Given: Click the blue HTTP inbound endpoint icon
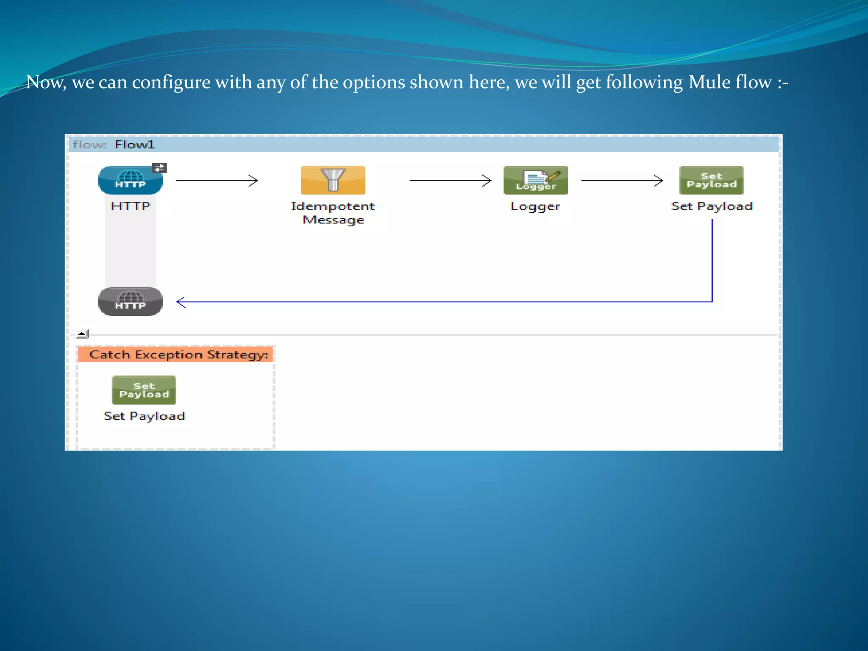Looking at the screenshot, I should tap(130, 180).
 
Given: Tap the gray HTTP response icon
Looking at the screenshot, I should tap(130, 301).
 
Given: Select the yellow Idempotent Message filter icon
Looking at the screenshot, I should tap(333, 180).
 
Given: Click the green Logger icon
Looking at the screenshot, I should tap(535, 180).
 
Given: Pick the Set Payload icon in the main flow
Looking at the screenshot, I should tap(711, 180).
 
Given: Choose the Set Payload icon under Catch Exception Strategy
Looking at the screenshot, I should tap(144, 390).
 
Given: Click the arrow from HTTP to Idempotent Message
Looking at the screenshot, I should tap(217, 181).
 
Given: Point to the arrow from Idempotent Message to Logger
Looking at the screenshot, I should tap(450, 181).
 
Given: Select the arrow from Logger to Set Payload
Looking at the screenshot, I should tap(622, 181).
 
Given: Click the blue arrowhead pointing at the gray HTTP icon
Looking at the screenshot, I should tap(181, 302).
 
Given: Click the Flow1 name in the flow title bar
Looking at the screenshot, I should tap(134, 145).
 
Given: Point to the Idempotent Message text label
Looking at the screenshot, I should tap(333, 213).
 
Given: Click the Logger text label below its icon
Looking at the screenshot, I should tap(535, 206).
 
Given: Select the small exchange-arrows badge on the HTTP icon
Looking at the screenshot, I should tap(159, 168).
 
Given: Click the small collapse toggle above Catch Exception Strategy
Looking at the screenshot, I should tap(82, 334).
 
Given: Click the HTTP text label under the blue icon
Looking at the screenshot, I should tap(130, 206).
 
